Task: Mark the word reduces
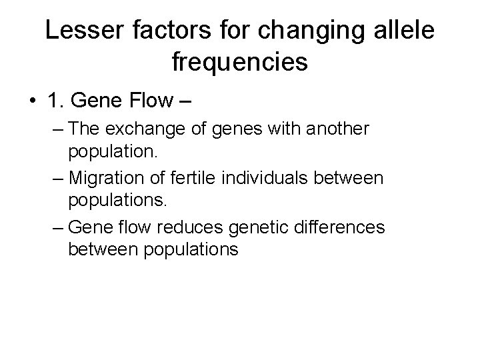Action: (194, 227)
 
